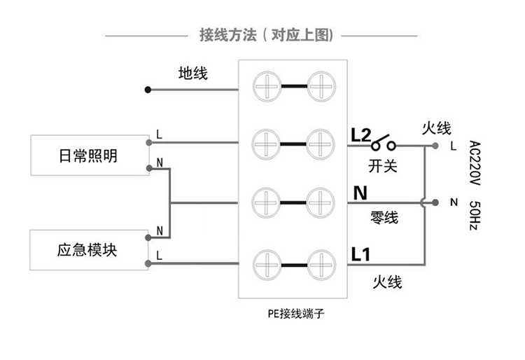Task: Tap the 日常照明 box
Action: coord(88,155)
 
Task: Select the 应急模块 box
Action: coord(88,249)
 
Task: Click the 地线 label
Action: coord(192,74)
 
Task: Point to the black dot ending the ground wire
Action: coord(148,90)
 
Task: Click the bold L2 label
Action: coord(360,134)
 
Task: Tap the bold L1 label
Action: coord(360,254)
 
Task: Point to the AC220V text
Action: coord(474,162)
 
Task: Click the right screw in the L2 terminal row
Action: coord(321,144)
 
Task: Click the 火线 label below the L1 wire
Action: coord(387,282)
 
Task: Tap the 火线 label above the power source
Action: coord(436,128)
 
